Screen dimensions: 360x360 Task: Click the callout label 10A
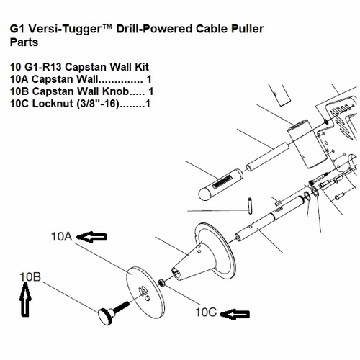click(61, 237)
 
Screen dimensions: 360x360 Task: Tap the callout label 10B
click(30, 277)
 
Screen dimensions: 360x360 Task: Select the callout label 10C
click(206, 312)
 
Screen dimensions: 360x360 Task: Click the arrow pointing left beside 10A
click(91, 237)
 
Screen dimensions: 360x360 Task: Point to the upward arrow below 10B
click(25, 300)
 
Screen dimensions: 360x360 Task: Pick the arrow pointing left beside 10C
click(235, 314)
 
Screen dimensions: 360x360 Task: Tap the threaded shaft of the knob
click(120, 307)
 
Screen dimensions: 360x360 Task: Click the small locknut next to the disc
click(161, 282)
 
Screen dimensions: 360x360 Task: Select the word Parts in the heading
click(24, 42)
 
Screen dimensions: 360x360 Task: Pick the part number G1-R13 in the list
click(43, 67)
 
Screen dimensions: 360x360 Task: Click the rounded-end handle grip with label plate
click(221, 184)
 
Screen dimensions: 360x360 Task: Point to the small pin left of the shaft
click(250, 206)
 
